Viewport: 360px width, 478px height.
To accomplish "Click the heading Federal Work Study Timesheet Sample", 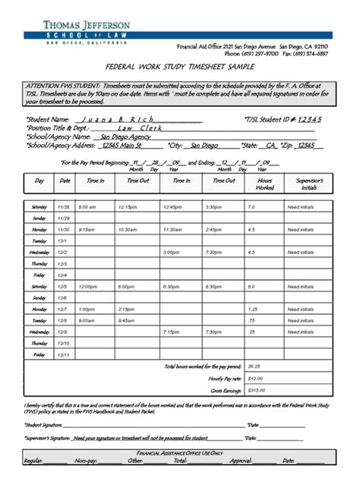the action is point(179,67).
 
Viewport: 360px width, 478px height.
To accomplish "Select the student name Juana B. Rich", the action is point(115,120).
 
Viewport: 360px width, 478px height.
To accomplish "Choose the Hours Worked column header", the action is point(264,183).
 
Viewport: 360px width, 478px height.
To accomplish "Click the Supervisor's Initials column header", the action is point(308,183).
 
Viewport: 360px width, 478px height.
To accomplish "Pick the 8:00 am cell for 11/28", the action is point(87,206).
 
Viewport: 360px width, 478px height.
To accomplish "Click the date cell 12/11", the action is point(64,354).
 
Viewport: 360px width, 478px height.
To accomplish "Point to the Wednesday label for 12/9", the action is point(39,332).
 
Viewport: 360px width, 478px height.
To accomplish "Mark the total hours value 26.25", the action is point(254,366).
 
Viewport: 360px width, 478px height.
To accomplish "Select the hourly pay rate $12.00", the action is point(255,378).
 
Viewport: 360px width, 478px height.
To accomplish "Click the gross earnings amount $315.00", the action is point(257,389).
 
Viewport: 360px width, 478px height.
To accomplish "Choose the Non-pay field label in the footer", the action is point(86,461).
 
